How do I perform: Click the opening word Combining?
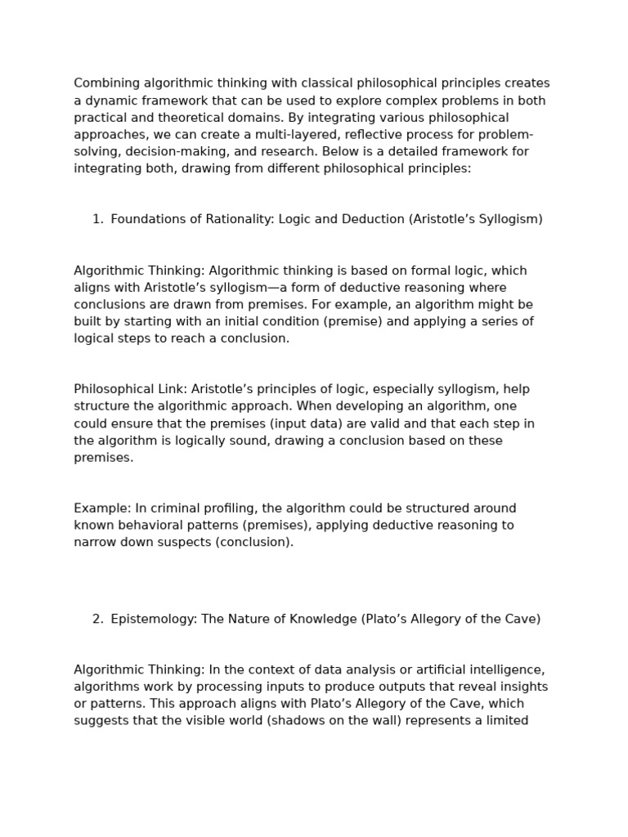[x=105, y=83]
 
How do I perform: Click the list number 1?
[x=97, y=219]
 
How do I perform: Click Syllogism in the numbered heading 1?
[x=509, y=219]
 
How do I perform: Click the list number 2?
[x=97, y=620]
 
